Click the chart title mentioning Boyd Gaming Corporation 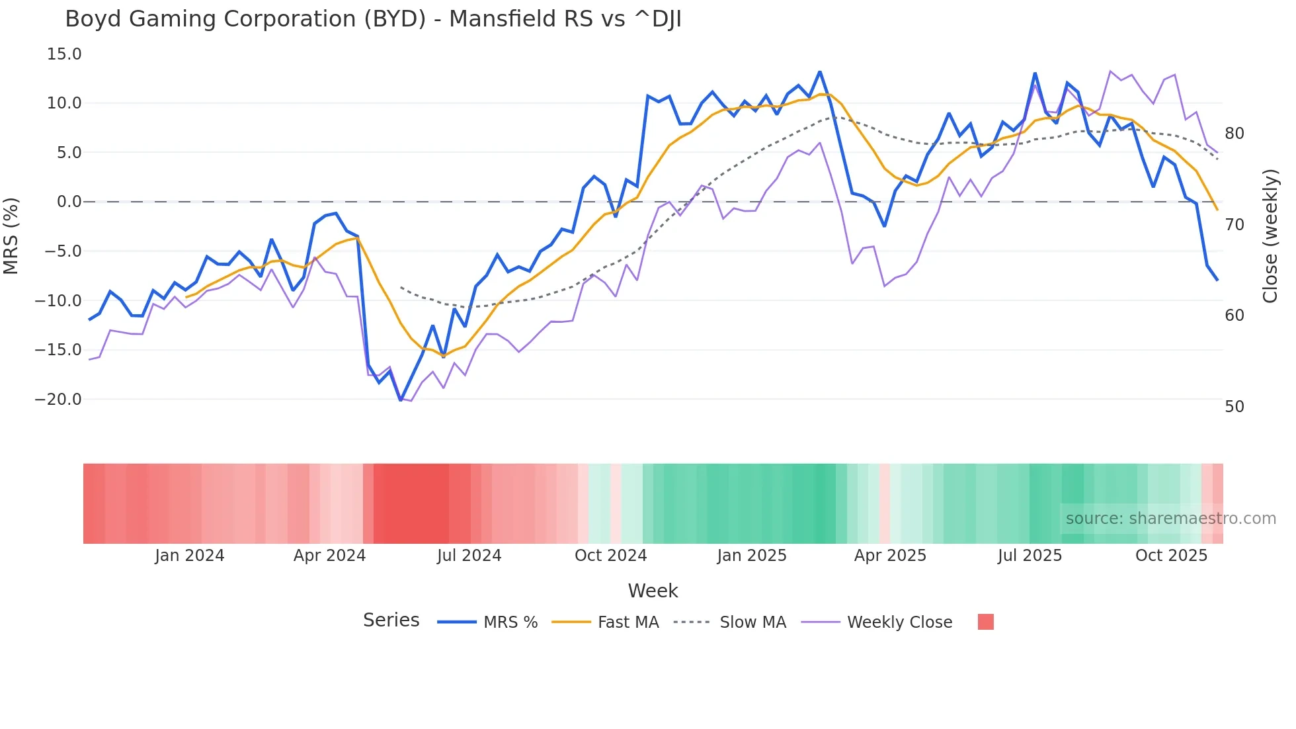tap(373, 19)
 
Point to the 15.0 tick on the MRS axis tap(64, 54)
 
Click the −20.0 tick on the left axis tap(58, 400)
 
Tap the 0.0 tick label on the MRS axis tap(69, 202)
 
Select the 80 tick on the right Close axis tap(1234, 134)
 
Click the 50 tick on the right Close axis tap(1234, 407)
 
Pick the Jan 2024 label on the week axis tap(190, 556)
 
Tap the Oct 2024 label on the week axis tap(610, 556)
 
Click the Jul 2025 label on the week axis tap(1030, 556)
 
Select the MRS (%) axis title tap(11, 236)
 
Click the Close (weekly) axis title tap(1270, 236)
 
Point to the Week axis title tap(653, 591)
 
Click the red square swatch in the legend tap(985, 622)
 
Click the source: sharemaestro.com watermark tap(1170, 519)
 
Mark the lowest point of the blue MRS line tap(401, 400)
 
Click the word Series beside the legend tap(391, 621)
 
